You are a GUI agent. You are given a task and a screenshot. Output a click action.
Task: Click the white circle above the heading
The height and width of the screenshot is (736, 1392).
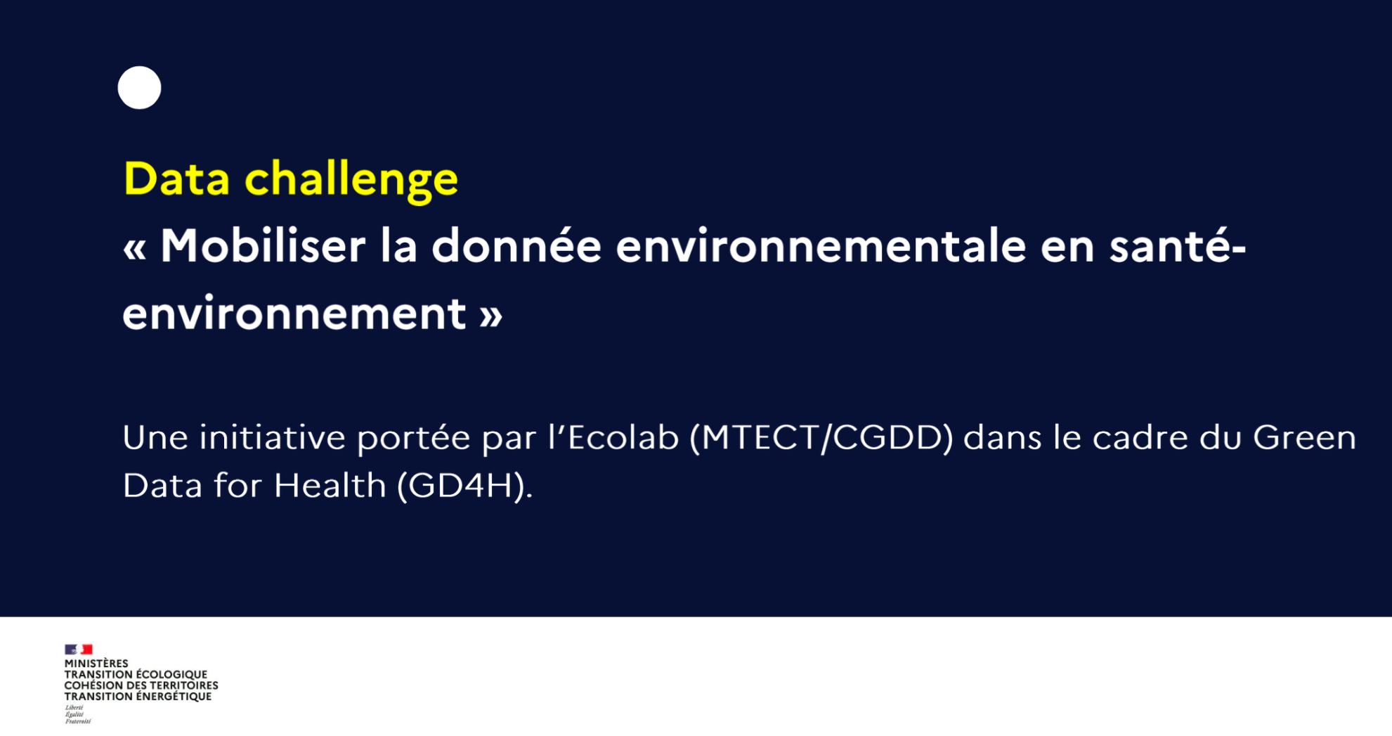pos(139,88)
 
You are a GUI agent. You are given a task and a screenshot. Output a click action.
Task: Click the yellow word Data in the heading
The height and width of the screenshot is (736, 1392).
pos(176,179)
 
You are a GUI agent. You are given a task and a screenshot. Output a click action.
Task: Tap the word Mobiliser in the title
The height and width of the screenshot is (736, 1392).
pos(263,246)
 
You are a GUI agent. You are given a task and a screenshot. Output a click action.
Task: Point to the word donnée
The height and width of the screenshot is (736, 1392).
pos(516,246)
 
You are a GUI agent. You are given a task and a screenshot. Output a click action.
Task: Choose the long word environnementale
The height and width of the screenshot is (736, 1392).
pos(821,247)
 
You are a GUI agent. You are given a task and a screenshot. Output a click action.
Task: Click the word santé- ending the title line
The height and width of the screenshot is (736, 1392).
pos(1178,246)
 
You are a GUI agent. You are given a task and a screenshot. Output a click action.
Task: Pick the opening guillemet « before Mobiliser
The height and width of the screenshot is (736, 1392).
pos(135,250)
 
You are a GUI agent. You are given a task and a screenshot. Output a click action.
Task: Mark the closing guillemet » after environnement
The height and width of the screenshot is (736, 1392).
pos(491,316)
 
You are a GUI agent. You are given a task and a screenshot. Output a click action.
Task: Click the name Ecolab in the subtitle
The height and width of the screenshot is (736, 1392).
pos(623,437)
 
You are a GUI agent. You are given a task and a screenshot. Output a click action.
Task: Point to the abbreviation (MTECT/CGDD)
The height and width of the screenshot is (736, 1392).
pos(821,438)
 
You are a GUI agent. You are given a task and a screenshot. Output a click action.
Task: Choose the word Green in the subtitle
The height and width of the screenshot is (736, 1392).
pos(1304,437)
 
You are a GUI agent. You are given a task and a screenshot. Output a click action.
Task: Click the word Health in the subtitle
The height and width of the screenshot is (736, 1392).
pos(330,485)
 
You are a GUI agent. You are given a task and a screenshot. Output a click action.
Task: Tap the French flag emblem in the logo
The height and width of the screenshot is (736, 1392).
pos(79,650)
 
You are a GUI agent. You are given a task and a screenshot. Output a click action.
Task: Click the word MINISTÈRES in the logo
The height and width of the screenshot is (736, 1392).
pos(96,664)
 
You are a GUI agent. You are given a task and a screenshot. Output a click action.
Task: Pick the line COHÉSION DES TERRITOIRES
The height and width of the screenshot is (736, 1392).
pos(141,685)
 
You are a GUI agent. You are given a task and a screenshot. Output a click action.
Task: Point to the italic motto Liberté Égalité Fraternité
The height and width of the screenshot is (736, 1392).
pos(77,714)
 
